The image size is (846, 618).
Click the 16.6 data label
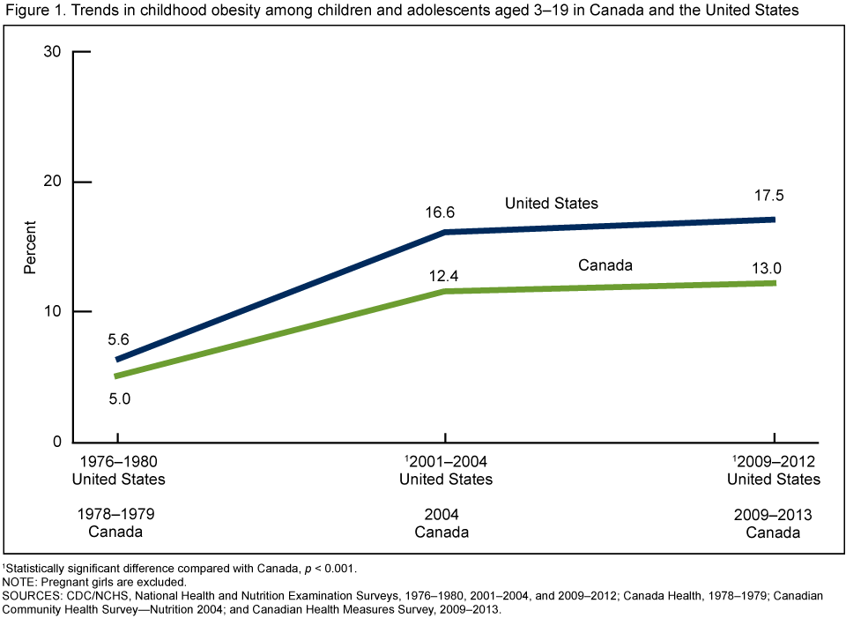pyautogui.click(x=442, y=212)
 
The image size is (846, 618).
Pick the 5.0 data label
pyautogui.click(x=119, y=398)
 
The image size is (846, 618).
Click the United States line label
pyautogui.click(x=552, y=204)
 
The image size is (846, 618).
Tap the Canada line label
pyautogui.click(x=606, y=264)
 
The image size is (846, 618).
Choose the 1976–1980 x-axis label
pyautogui.click(x=118, y=461)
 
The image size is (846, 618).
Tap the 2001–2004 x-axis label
pyautogui.click(x=447, y=461)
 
